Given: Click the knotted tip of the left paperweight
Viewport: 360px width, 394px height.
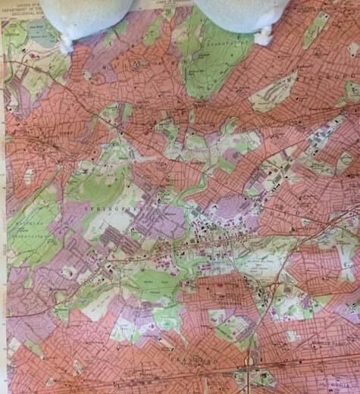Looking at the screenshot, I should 67,44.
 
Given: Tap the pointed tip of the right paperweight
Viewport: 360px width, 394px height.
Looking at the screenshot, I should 265,36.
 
